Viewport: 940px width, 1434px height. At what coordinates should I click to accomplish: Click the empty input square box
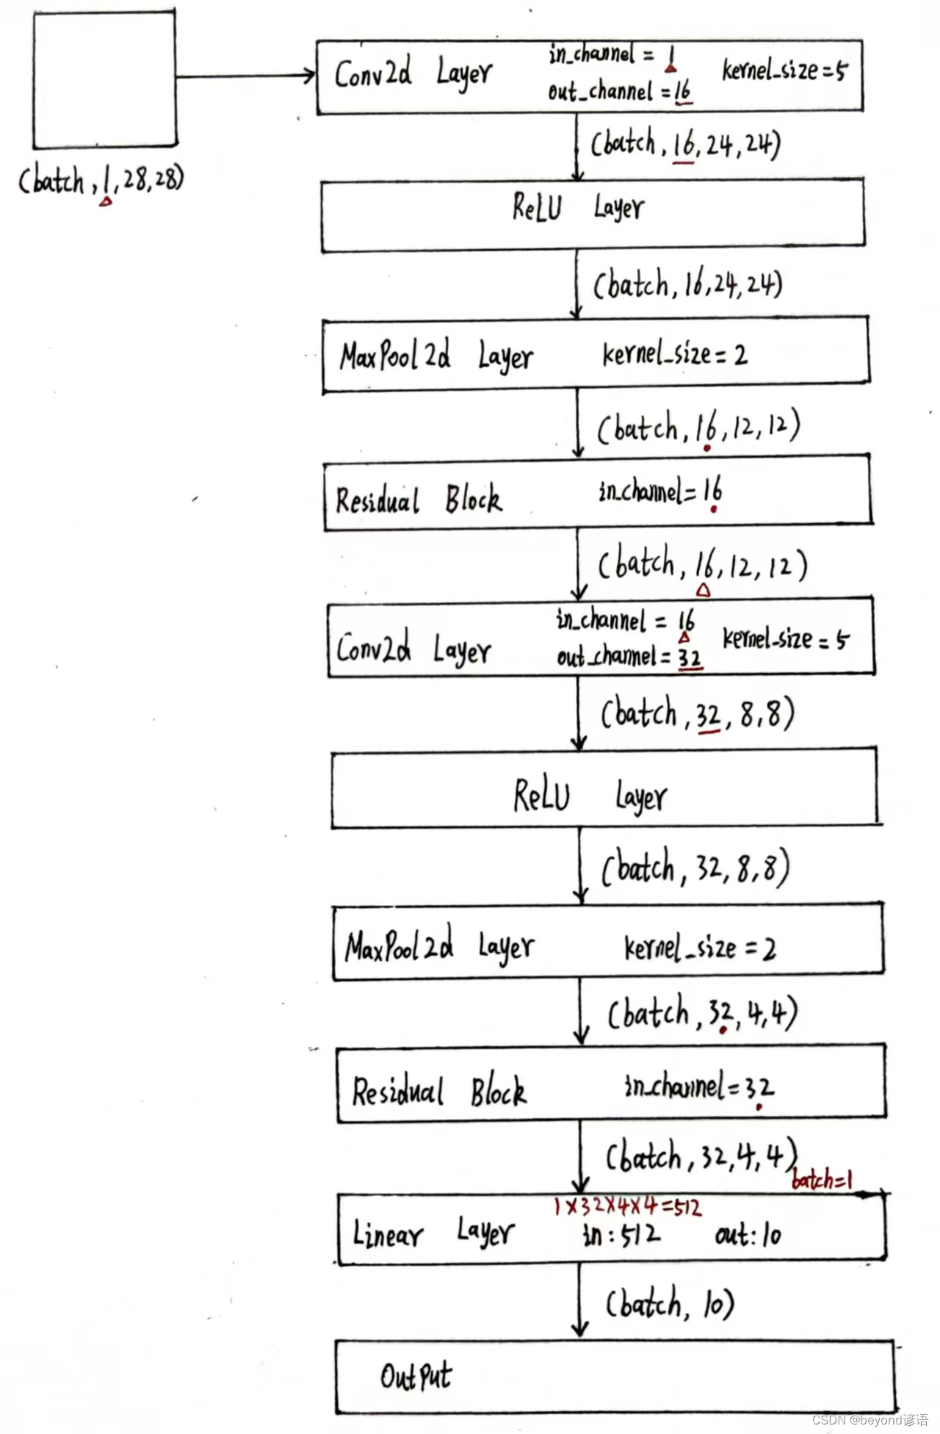tap(104, 79)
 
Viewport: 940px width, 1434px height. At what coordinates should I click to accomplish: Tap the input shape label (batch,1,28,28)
tap(101, 179)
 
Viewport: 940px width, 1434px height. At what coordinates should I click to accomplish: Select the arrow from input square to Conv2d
tap(245, 76)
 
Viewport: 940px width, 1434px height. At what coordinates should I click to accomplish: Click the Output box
tap(615, 1376)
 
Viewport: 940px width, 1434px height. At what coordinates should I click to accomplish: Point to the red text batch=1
tap(822, 1180)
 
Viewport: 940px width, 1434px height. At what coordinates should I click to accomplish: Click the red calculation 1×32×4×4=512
tap(628, 1206)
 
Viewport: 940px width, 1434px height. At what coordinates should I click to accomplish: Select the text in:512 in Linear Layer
tap(621, 1235)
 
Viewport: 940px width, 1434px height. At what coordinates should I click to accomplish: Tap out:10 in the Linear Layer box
tap(748, 1235)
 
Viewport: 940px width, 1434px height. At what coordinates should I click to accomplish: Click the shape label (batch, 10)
tap(670, 1304)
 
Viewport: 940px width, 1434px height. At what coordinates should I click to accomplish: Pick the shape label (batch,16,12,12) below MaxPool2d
tap(698, 428)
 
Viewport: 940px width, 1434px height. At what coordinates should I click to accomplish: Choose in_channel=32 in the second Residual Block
tap(698, 1087)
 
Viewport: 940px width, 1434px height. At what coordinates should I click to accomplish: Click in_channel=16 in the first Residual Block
tap(660, 491)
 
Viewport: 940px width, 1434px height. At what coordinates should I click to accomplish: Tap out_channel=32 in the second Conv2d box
tap(629, 656)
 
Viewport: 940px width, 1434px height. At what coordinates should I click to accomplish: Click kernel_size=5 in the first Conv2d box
tap(784, 71)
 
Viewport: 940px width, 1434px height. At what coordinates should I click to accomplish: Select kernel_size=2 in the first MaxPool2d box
tap(674, 355)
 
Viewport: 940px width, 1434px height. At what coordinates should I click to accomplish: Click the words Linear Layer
tap(433, 1232)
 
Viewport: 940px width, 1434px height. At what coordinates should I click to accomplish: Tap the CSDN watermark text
tap(870, 1419)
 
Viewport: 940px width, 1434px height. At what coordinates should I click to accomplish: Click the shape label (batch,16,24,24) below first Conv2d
tap(686, 144)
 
